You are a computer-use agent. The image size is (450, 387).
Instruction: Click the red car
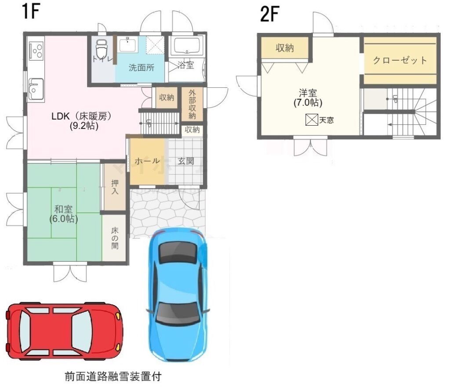64,331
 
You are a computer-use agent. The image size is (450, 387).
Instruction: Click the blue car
178,295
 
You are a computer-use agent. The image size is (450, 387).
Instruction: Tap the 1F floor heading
29,11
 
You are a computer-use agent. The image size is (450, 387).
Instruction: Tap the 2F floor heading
269,14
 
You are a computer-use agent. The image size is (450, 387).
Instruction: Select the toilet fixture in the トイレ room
101,48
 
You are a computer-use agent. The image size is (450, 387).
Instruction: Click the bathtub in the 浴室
186,46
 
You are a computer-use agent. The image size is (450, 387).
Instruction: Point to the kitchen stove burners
36,51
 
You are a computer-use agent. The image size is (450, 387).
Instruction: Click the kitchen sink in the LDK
36,88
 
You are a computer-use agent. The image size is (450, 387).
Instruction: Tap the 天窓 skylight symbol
312,119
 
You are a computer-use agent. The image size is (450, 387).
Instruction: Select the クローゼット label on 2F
400,60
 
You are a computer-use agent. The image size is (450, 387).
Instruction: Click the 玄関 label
186,161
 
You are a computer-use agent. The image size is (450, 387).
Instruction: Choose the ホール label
147,161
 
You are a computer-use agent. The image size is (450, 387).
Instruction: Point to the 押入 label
115,187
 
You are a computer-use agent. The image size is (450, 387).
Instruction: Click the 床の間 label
115,238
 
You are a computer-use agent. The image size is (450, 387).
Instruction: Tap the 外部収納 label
192,105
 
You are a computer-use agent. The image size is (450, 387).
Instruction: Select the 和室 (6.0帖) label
63,214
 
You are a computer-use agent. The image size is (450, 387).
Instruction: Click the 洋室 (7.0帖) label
308,98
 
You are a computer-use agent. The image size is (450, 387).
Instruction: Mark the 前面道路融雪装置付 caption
113,376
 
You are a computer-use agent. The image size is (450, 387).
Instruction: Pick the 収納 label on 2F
285,48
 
